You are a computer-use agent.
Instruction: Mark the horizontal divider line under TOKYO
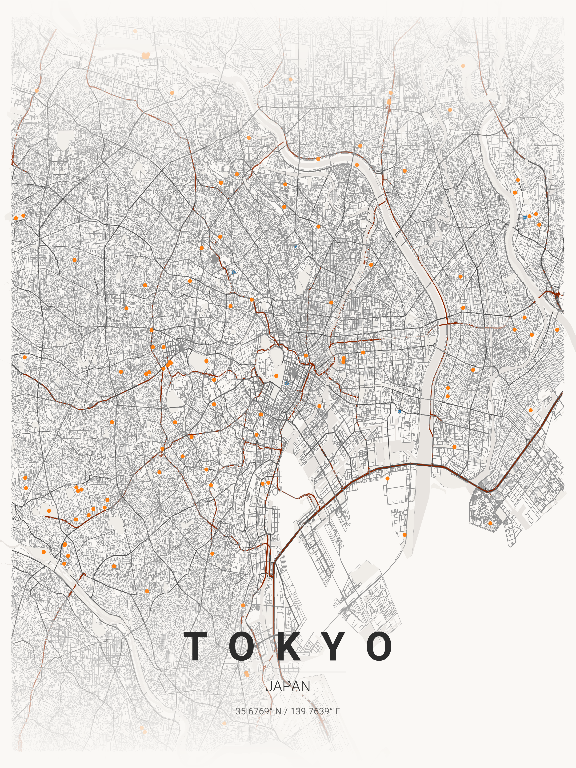click(288, 672)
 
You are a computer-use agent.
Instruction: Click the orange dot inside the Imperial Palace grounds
click(276, 376)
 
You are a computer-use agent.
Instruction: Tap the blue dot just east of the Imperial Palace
click(287, 383)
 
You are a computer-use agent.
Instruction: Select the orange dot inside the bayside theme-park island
click(490, 523)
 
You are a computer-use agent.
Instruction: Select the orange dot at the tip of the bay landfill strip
click(404, 535)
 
